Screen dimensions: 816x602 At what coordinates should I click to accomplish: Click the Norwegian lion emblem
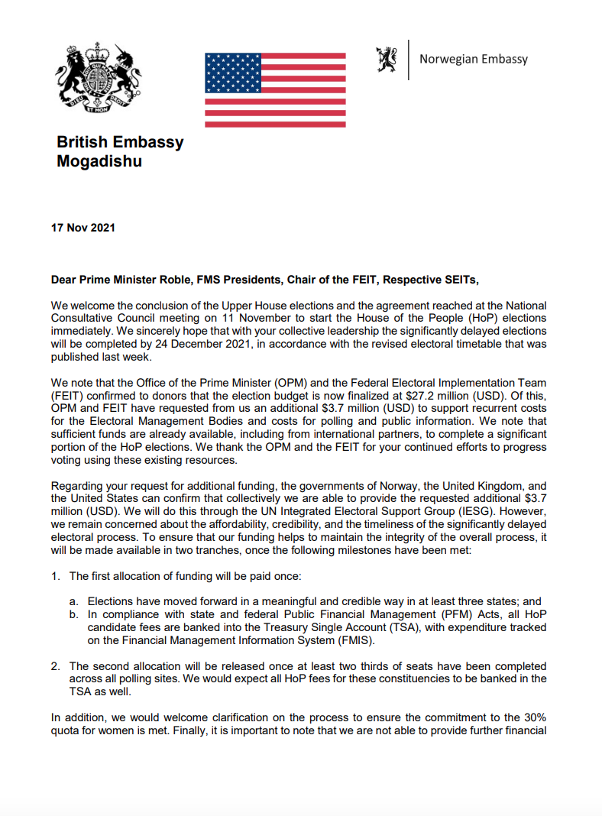tap(386, 59)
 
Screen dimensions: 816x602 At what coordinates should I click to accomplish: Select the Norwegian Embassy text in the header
tap(474, 59)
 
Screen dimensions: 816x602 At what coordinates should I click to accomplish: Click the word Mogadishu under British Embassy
tap(99, 161)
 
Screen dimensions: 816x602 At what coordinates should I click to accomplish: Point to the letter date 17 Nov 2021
tap(83, 228)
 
